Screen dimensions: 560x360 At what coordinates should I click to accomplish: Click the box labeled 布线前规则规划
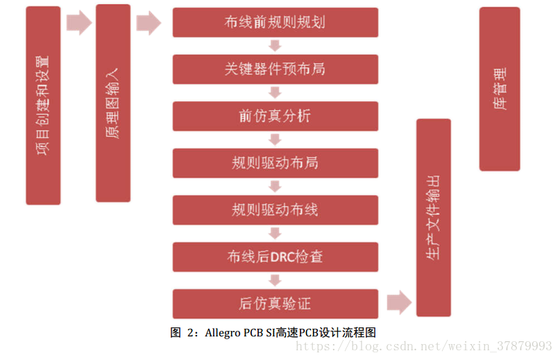click(x=275, y=22)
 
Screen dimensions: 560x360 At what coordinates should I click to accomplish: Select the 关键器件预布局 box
click(x=275, y=69)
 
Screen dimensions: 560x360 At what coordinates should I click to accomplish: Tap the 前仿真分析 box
click(x=275, y=116)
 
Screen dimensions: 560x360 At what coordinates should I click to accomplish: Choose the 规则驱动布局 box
click(x=275, y=163)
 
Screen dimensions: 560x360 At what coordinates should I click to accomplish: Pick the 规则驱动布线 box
click(x=275, y=209)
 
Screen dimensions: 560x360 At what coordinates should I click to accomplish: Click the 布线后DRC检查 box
click(x=275, y=257)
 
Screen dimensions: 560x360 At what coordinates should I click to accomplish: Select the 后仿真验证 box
click(x=275, y=304)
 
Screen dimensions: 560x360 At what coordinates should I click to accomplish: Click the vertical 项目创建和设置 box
click(x=43, y=105)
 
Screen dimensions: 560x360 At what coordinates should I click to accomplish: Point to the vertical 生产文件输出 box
click(x=433, y=217)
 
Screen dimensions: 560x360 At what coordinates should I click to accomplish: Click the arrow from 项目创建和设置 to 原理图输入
click(x=78, y=22)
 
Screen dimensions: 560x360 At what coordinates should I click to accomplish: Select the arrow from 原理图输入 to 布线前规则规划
click(x=149, y=22)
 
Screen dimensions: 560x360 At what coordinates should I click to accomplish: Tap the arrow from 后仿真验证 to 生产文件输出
click(x=398, y=303)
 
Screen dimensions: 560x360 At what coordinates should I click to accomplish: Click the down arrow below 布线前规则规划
click(x=275, y=46)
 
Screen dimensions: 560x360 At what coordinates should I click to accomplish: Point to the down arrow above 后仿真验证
click(x=275, y=280)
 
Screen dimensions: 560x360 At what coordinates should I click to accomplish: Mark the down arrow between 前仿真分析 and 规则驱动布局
click(x=275, y=139)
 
